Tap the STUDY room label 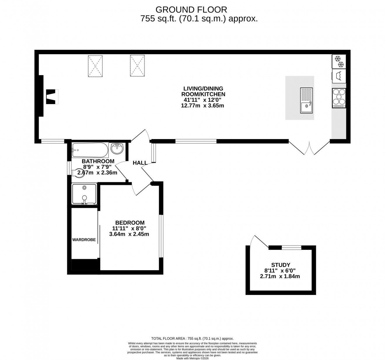(281, 265)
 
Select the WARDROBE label (84, 240)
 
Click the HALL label (140, 163)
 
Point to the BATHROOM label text (98, 161)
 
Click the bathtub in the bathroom (90, 150)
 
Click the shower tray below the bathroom (84, 194)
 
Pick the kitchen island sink (306, 100)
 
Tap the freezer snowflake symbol (338, 61)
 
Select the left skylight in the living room (95, 66)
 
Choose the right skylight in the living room (137, 66)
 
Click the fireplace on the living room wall (51, 96)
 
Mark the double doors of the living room (309, 148)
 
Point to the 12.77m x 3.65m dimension (202, 106)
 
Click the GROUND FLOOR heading (191, 10)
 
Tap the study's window (291, 248)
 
